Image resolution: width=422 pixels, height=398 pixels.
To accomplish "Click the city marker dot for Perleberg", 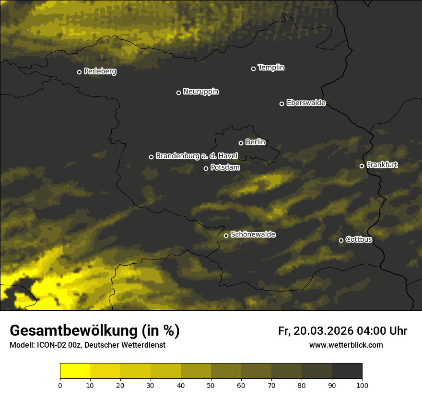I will point(79,72).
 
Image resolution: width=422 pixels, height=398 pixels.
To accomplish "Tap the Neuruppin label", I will point(201,92).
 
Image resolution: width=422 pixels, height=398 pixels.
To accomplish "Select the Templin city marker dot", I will point(253,69).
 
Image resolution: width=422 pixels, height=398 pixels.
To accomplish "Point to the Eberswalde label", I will point(306,103).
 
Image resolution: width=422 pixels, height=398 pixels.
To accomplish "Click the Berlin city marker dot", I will point(241,143).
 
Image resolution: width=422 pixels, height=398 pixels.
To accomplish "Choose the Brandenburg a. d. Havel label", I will point(197,156).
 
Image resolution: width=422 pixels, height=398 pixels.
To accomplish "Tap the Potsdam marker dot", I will point(206,168).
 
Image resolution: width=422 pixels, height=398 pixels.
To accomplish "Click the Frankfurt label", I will point(382,165).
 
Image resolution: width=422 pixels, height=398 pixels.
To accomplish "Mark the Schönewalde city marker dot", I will point(226,235).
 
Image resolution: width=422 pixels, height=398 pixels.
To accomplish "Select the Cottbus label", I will point(359,239).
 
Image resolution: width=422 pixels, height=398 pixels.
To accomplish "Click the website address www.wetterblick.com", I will point(346,345).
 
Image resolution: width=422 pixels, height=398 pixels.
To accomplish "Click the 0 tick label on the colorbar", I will point(60,385).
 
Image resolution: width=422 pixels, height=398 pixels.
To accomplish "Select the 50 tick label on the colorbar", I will point(211,385).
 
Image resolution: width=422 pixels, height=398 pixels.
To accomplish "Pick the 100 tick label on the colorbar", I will point(362,385).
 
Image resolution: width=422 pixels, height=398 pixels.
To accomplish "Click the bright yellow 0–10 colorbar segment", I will point(75,371).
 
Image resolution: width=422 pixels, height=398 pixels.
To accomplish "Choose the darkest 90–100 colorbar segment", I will point(347,371).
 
